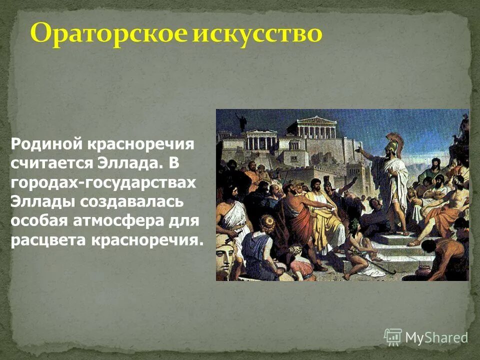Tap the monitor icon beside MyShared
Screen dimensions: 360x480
pos(393,337)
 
